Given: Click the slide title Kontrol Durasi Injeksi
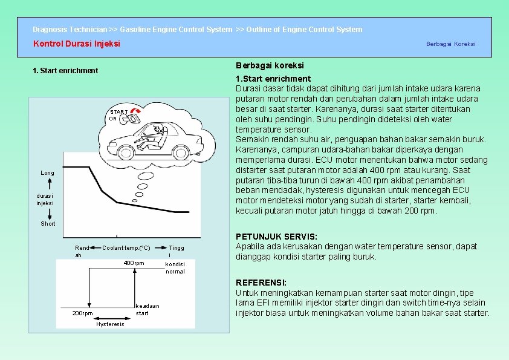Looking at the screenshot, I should coord(76,44).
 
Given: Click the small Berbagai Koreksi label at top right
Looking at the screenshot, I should coord(450,44).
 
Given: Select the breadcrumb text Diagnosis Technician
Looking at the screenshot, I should coord(70,29).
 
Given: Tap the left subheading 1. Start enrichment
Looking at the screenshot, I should coord(65,71).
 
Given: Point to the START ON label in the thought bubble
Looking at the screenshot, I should coord(118,115).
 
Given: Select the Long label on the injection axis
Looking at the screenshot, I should coord(47,173).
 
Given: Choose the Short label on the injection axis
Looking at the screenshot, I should coord(48,224).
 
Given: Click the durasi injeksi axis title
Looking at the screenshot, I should coord(45,200).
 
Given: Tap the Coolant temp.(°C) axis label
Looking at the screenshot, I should coord(126,248).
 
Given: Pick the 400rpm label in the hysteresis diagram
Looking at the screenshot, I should coord(134,263).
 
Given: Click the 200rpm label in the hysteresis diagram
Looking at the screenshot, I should coord(82,313).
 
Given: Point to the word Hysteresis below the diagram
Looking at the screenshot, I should coord(110,324).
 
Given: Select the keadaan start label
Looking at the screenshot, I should coord(147,309).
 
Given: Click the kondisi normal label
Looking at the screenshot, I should coord(175,267).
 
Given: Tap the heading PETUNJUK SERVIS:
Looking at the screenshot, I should coord(276,237).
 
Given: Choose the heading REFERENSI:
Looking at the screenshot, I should coord(261,283).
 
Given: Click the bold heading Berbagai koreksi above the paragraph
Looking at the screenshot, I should coord(269,65).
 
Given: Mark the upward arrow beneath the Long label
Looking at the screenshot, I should coord(47,184).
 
